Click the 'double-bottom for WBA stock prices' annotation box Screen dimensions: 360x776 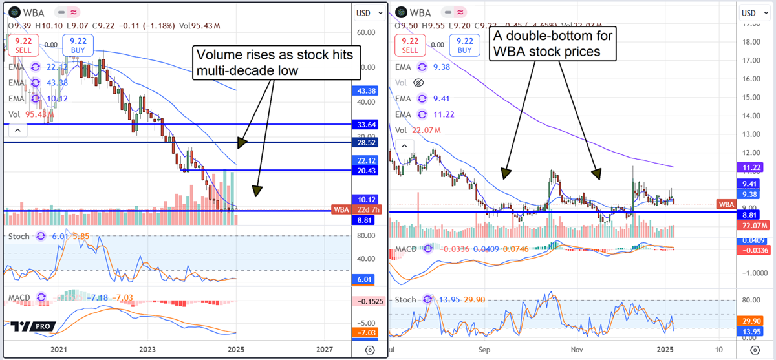552,43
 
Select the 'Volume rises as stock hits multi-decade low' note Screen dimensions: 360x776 277,63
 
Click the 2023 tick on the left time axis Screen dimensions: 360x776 148,349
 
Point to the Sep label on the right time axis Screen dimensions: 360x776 484,349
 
